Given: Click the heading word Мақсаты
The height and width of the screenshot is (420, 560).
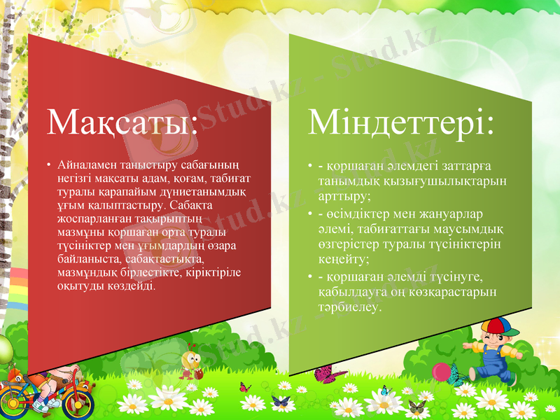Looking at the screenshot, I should [119, 124].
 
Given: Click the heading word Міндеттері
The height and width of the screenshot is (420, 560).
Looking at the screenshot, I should [401, 124].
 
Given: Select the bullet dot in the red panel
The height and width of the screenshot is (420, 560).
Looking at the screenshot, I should [50, 167].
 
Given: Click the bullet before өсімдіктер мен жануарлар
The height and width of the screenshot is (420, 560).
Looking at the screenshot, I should [309, 213].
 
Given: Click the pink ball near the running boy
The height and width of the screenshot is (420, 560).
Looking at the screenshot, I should [440, 371].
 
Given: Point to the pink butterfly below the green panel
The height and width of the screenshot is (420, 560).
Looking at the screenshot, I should [325, 374].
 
